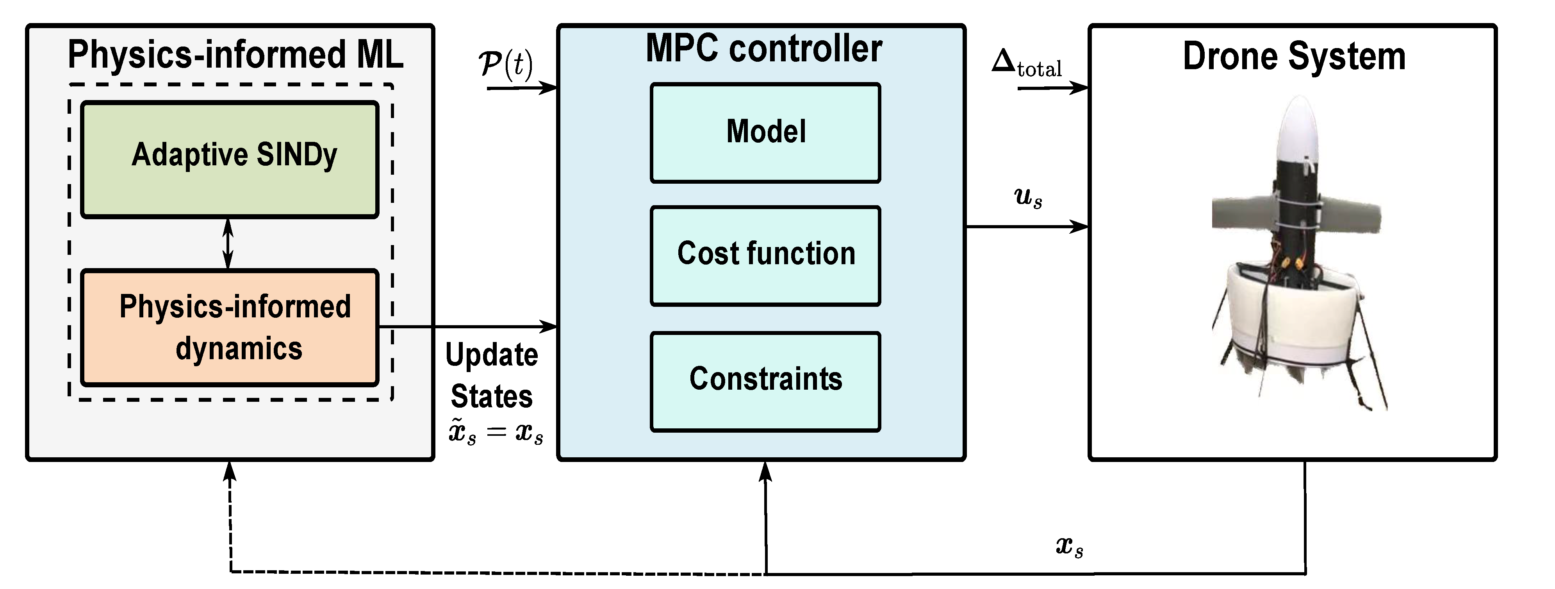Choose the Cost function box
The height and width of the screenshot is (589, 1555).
tap(765, 256)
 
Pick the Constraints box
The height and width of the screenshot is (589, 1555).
tap(765, 381)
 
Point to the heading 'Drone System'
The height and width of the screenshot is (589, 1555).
tap(1294, 57)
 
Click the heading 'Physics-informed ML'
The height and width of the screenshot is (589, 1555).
tap(235, 54)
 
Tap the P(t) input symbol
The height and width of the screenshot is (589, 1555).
tap(506, 64)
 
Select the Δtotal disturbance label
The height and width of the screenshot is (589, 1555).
tap(1026, 64)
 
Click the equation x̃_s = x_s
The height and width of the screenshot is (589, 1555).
tap(495, 433)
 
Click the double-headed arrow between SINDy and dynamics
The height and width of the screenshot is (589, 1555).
tap(228, 243)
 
